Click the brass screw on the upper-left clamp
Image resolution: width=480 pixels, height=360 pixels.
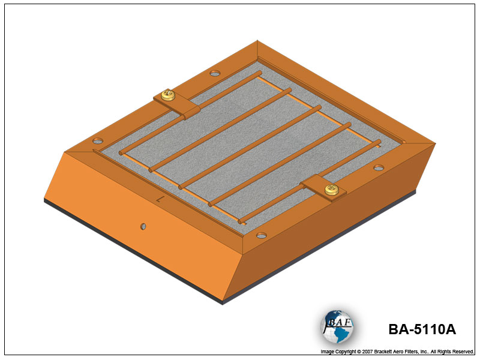168,95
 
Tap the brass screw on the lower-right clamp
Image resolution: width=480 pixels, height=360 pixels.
331,190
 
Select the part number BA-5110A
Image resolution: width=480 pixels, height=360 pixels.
422,329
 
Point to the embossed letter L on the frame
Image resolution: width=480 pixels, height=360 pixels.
159,200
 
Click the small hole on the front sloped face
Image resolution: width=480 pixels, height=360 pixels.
143,227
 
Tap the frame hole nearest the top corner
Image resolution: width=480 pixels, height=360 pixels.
215,73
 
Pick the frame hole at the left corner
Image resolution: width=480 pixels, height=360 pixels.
98,141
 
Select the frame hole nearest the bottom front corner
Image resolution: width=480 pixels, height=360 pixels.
262,235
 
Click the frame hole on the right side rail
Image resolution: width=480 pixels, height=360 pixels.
379,168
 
